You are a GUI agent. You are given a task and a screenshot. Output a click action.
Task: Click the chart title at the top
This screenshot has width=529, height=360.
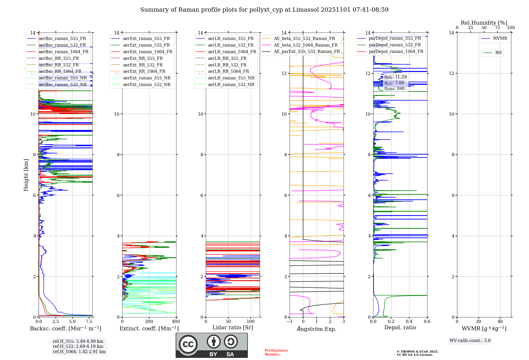pyautogui.click(x=264, y=10)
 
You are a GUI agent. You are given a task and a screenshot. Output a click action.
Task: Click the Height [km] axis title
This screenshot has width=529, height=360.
pyautogui.click(x=26, y=175)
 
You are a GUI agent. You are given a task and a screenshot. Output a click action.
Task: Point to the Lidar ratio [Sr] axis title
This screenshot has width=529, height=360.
pyautogui.click(x=233, y=327)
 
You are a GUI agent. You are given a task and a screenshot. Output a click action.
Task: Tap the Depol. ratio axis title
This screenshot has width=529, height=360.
pyautogui.click(x=400, y=327)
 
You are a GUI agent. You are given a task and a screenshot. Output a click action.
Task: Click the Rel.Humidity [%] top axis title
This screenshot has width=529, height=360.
pyautogui.click(x=484, y=23)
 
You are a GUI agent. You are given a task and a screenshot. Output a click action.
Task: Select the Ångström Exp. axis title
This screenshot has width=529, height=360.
pyautogui.click(x=317, y=329)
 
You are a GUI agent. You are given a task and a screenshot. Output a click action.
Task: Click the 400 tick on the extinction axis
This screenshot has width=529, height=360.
pyautogui.click(x=176, y=322)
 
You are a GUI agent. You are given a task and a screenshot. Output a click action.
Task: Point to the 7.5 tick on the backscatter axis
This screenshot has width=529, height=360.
pyautogui.click(x=89, y=322)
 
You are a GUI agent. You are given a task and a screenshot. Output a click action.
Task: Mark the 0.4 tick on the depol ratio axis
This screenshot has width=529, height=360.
pyautogui.click(x=409, y=322)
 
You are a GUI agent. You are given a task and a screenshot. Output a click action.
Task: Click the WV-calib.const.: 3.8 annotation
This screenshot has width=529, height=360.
pyautogui.click(x=470, y=341)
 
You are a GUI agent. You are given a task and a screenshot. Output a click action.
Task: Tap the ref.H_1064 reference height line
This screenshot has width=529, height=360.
pyautogui.click(x=79, y=352)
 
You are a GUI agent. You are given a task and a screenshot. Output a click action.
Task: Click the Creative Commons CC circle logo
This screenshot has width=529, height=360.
pyautogui.click(x=188, y=344)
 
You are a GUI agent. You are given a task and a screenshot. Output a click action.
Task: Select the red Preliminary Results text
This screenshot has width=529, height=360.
pyautogui.click(x=276, y=352)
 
